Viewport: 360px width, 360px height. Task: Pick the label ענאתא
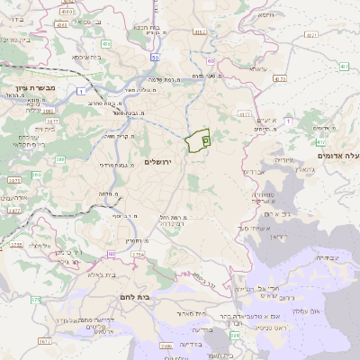tap(257, 68)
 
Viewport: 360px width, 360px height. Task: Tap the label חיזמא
tap(268, 15)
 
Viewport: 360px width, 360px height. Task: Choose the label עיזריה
tap(284, 159)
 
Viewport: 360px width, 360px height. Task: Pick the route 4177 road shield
tap(244, 114)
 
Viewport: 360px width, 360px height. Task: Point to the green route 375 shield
tap(35, 299)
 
